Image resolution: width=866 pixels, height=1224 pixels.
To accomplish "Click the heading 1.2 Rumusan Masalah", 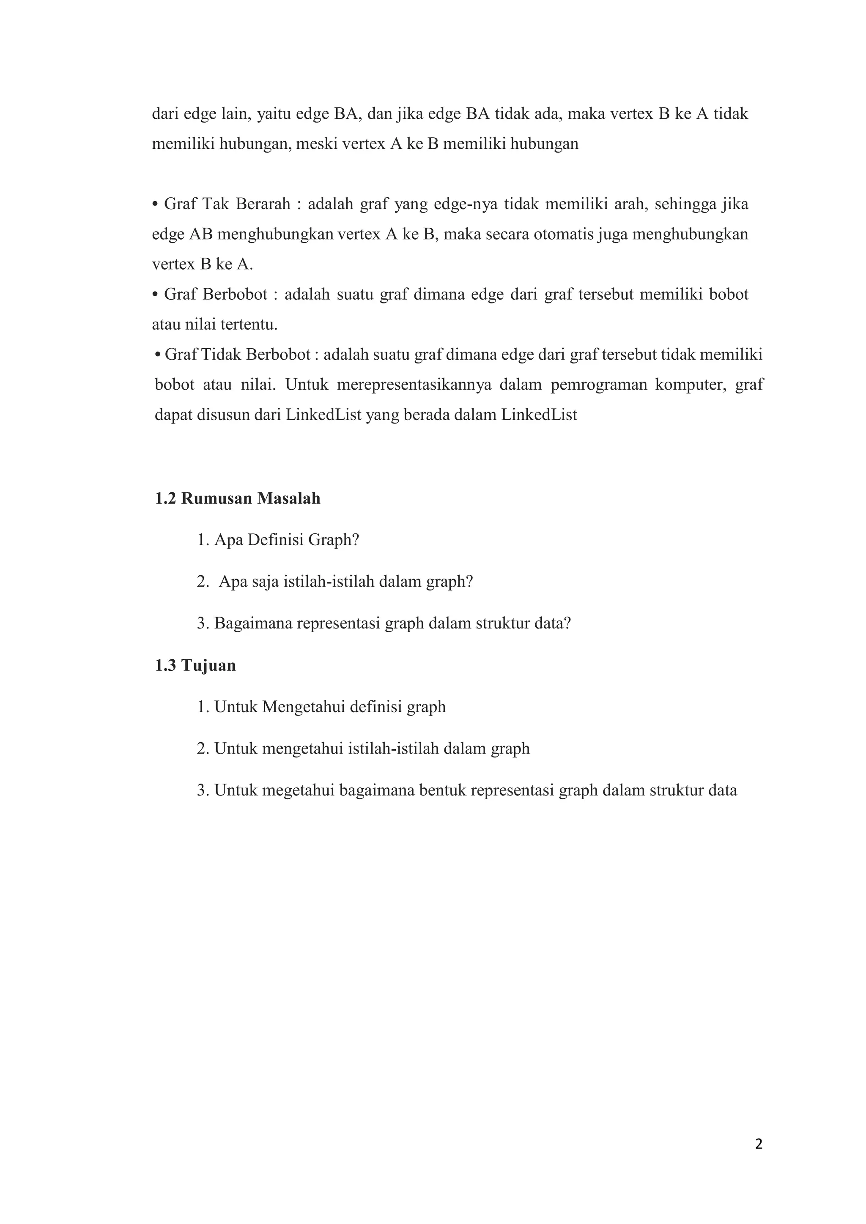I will [238, 498].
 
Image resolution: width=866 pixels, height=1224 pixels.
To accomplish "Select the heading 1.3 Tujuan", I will [195, 665].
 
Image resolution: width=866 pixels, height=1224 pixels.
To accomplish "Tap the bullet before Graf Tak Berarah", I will [156, 205].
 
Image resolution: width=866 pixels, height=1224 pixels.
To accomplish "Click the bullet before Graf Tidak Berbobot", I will [157, 355].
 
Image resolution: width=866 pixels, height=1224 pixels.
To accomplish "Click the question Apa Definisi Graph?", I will [278, 540].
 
